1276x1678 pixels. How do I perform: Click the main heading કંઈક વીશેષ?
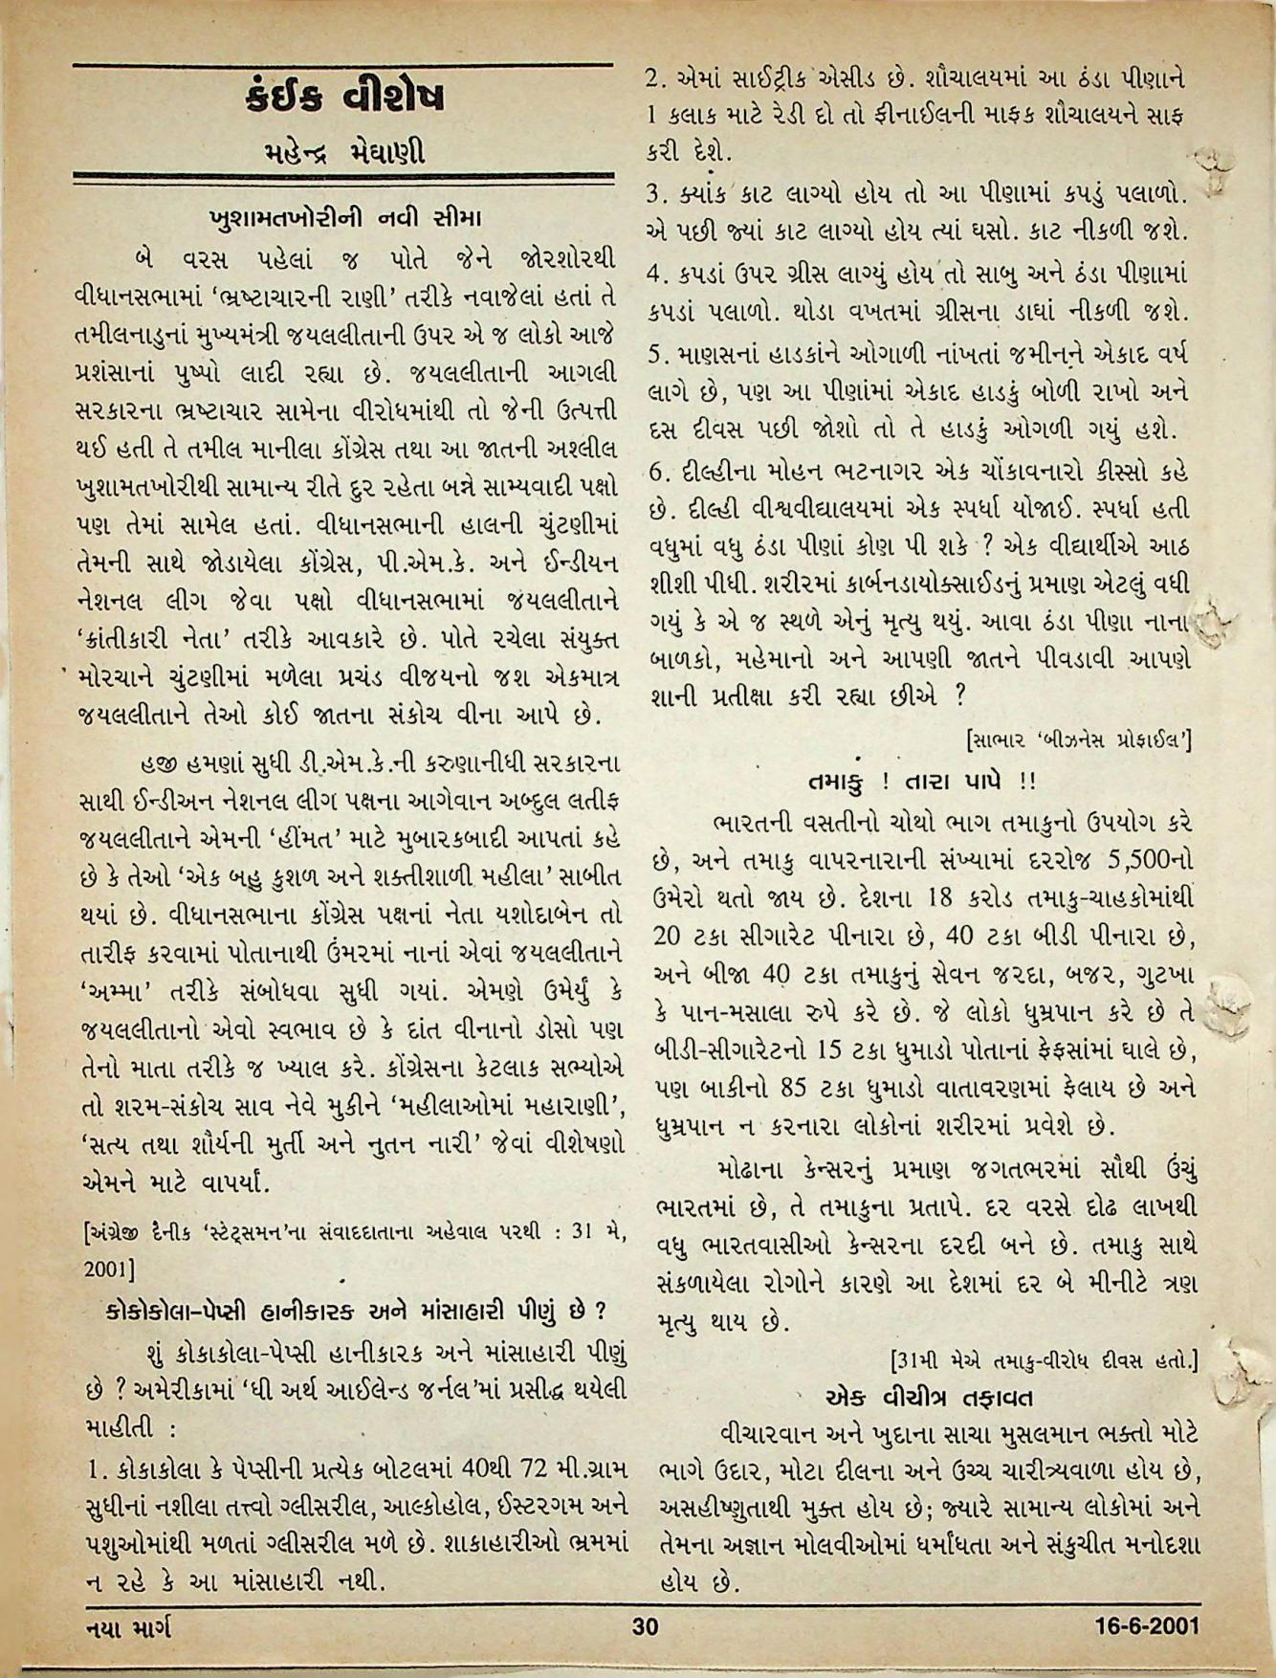344,98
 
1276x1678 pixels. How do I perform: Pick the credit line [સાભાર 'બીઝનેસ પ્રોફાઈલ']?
1081,740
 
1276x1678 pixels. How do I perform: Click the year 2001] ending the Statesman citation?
108,1270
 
